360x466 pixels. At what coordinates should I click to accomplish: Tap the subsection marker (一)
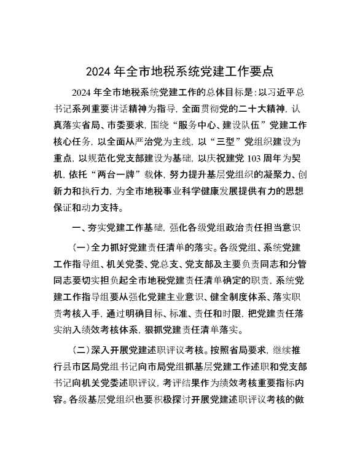pyautogui.click(x=82, y=249)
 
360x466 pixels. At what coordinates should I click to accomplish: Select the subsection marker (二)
pyautogui.click(x=82, y=350)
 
